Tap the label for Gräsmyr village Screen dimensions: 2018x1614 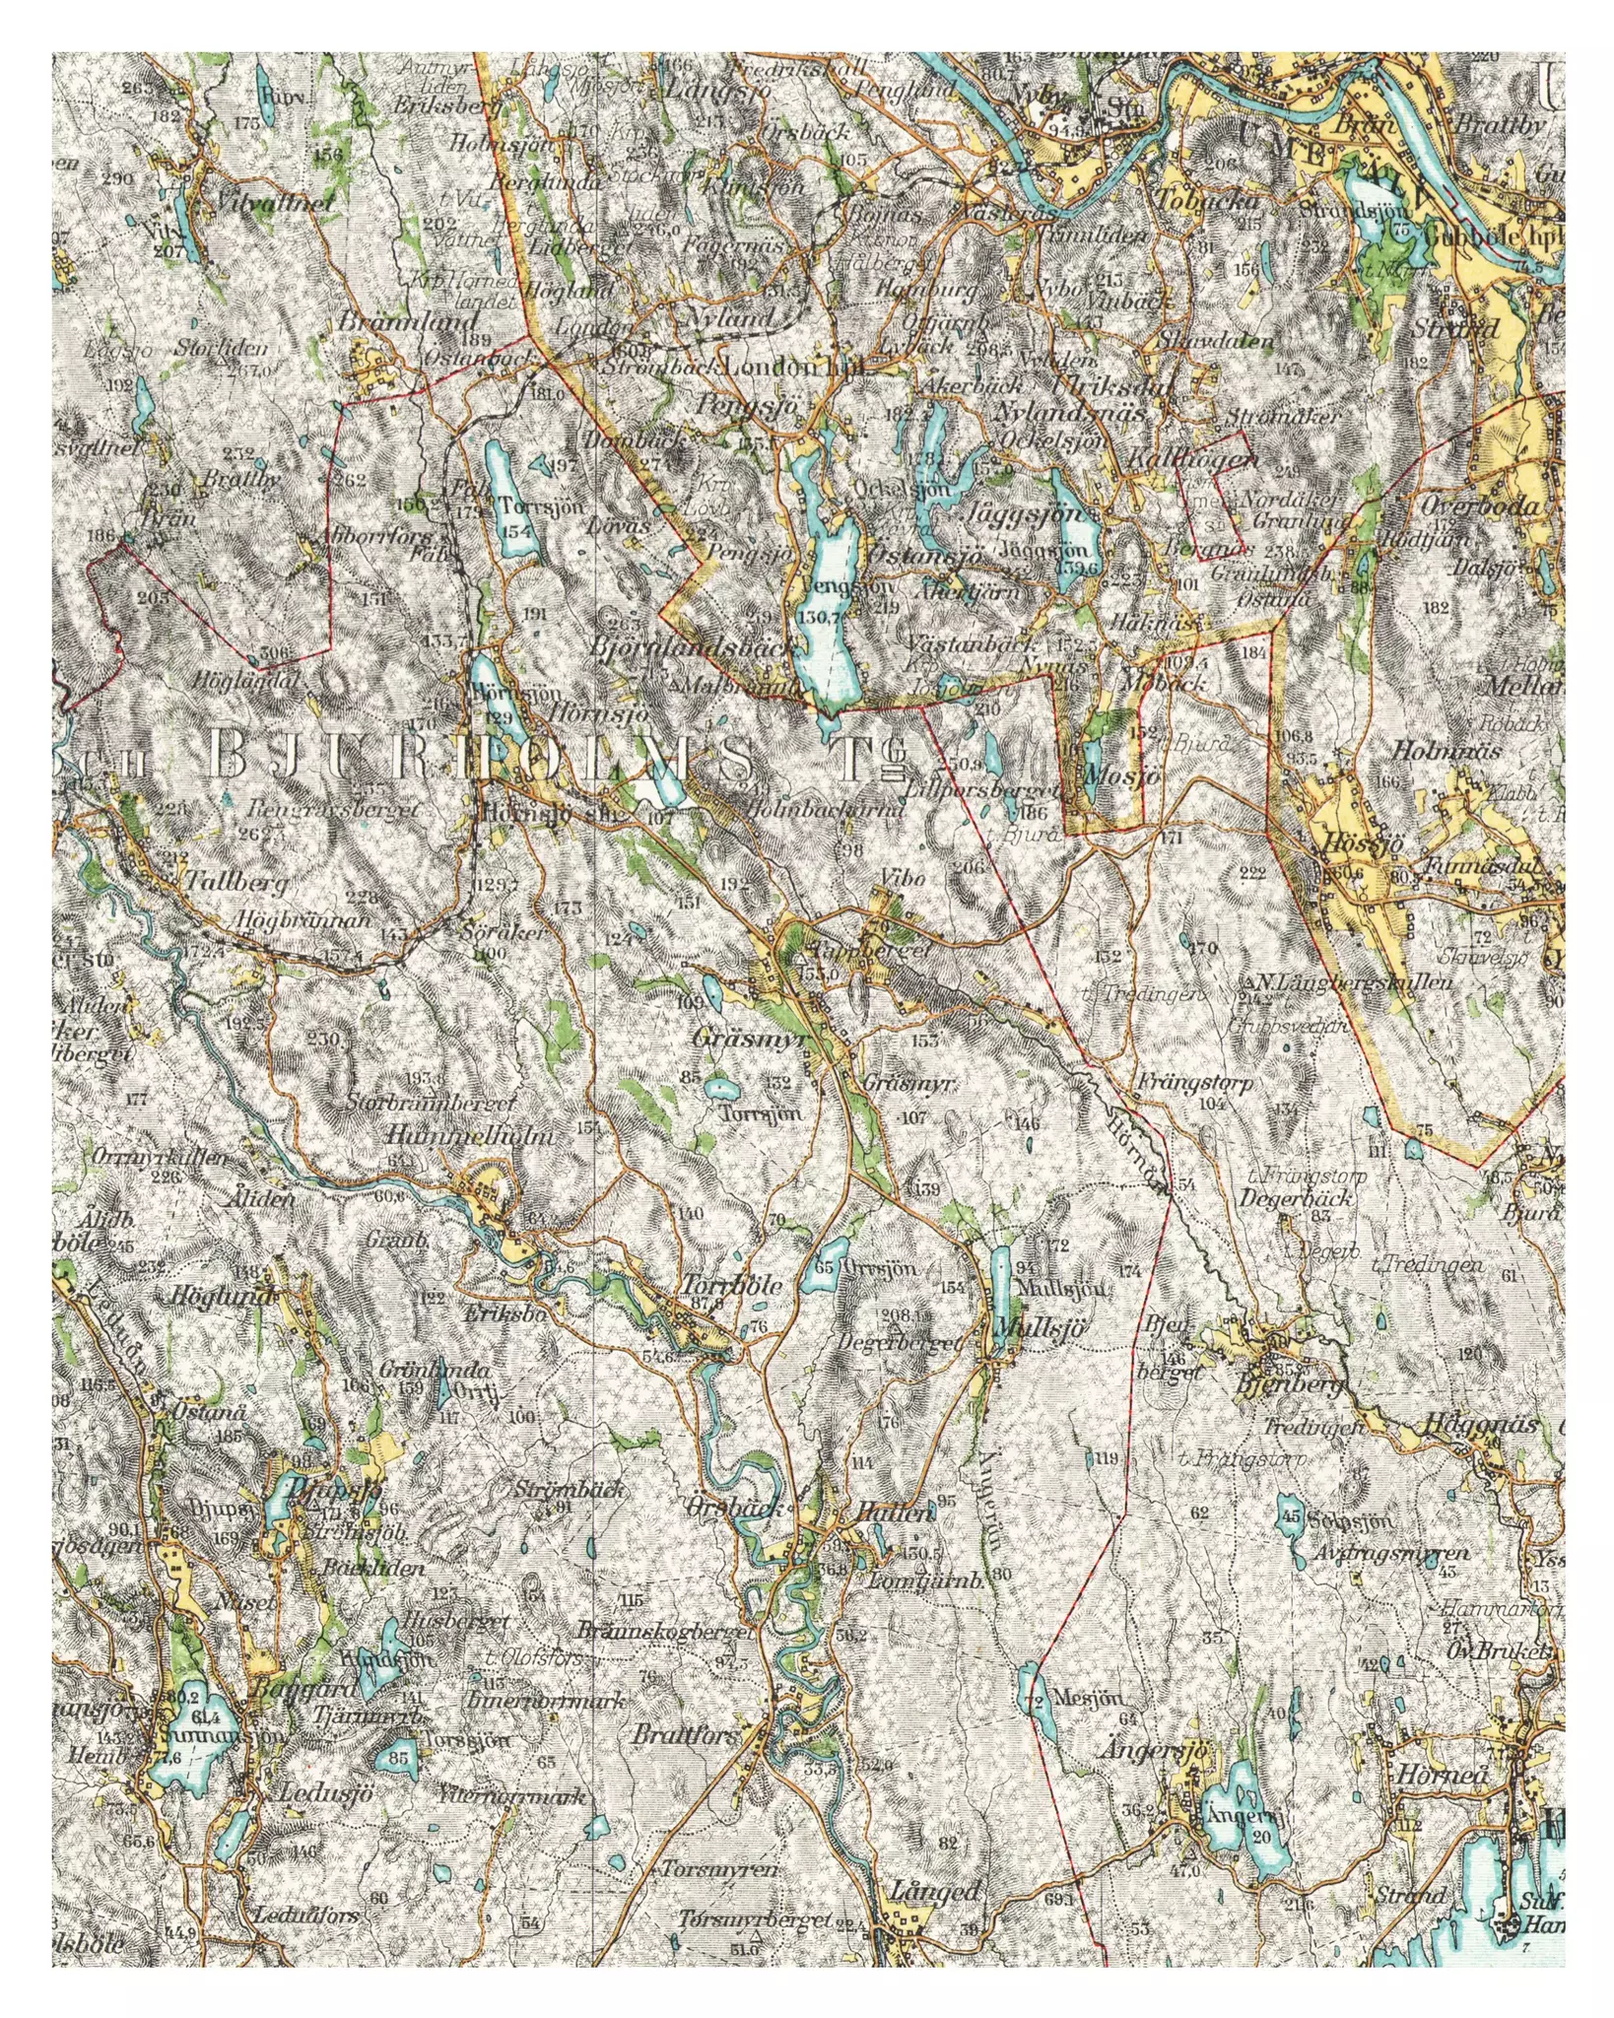[x=744, y=1039]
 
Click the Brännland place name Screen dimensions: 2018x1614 [x=408, y=321]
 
